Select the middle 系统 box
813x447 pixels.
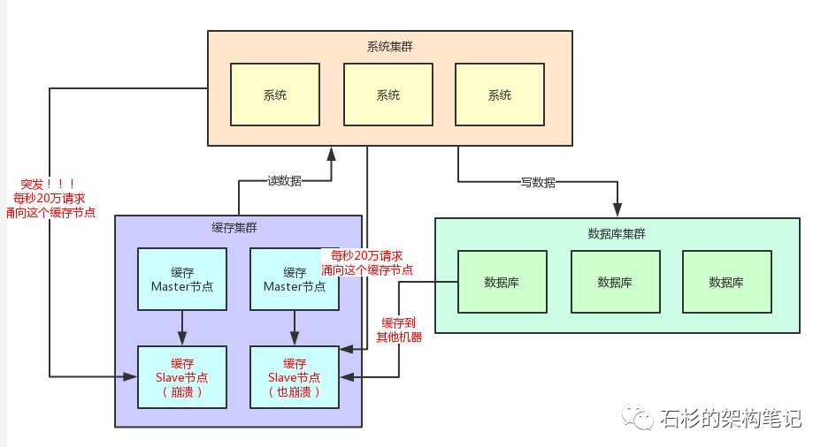387,95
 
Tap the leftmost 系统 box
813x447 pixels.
274,95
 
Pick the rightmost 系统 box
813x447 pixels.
500,95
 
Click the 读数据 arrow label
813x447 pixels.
284,181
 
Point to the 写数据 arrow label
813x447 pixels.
538,182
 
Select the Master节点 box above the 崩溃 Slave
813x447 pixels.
182,279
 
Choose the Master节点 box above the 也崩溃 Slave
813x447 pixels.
295,279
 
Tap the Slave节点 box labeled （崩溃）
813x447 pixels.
182,377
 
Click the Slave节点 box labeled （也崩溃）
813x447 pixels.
295,377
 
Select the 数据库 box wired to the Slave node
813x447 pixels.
502,282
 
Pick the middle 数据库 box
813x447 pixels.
614,282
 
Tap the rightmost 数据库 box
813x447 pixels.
726,282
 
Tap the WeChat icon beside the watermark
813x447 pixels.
639,415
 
